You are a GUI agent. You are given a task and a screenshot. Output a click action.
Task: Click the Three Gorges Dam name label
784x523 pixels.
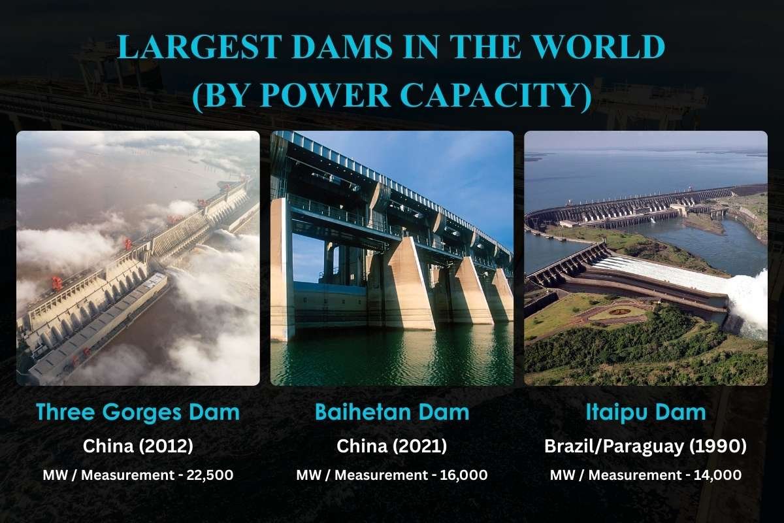pyautogui.click(x=138, y=413)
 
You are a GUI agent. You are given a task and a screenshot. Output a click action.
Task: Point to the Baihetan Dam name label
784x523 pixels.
pyautogui.click(x=392, y=413)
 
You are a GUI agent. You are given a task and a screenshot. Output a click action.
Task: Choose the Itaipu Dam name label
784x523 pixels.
pyautogui.click(x=645, y=413)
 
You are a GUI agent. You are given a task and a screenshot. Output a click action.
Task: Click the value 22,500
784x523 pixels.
pyautogui.click(x=210, y=475)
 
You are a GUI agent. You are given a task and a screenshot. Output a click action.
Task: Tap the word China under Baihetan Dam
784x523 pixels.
pyautogui.click(x=361, y=447)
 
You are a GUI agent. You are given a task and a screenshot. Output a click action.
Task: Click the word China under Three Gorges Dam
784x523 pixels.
pyautogui.click(x=107, y=447)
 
